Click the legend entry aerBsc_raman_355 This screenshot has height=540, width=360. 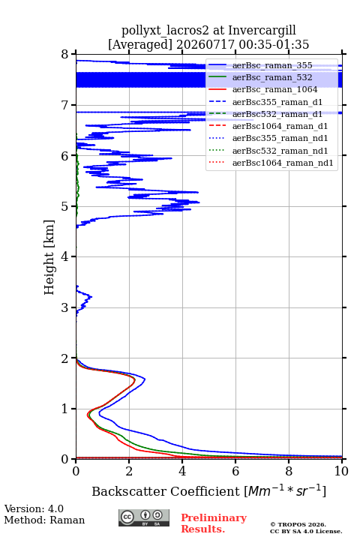272,65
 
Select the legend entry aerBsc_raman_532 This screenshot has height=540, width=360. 272,77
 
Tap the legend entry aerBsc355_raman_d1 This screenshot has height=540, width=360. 277,102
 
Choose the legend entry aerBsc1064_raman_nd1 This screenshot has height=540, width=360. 283,163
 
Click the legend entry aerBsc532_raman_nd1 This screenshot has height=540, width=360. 280,151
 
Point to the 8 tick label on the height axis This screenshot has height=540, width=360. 65,55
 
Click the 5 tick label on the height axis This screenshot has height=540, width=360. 65,206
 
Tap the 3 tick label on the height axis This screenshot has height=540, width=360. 65,307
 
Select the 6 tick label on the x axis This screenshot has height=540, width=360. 235,471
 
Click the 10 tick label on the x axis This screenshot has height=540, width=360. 341,471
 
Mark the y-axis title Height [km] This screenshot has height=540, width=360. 49,257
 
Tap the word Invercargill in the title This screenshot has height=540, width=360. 262,31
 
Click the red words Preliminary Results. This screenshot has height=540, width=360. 214,523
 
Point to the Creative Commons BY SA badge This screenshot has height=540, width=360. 144,518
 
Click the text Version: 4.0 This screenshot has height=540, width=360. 34,508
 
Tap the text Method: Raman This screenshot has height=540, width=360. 44,520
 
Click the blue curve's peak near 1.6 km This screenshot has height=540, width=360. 145,379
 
